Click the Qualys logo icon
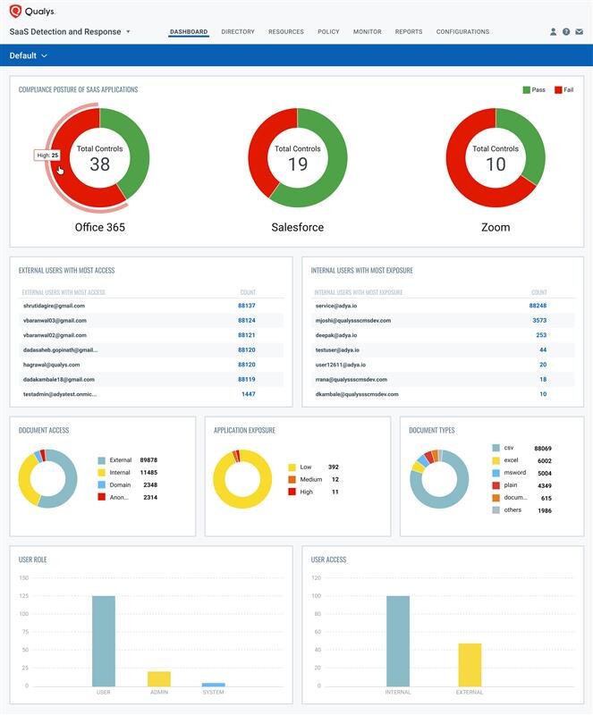tap(15, 11)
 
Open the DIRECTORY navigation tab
tap(238, 32)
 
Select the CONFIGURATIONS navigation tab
tap(462, 32)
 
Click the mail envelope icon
tap(580, 32)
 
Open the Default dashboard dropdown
tap(28, 55)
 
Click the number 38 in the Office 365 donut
tap(100, 164)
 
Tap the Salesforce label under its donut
tap(298, 227)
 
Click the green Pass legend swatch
tap(526, 90)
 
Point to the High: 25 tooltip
tap(47, 156)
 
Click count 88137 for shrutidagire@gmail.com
tap(247, 306)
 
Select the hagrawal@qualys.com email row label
tap(52, 365)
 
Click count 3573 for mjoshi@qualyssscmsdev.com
tap(539, 321)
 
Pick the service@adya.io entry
tap(336, 306)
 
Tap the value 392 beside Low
tap(334, 467)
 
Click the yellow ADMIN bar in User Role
tap(159, 678)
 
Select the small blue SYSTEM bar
tap(213, 685)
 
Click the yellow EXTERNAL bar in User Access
tap(470, 665)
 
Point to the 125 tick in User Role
tap(24, 596)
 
